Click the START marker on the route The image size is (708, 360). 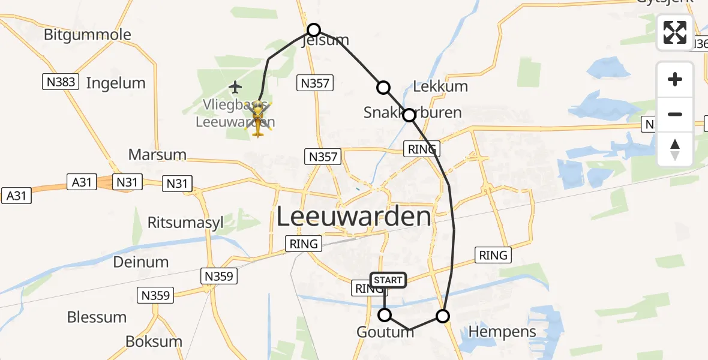click(388, 280)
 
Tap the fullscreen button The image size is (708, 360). click(675, 32)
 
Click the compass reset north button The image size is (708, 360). click(675, 149)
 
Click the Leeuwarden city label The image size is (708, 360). click(353, 217)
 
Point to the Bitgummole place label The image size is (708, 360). click(88, 34)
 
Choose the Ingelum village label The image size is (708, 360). click(116, 83)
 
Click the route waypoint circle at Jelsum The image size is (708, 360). click(314, 29)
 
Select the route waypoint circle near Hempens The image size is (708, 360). click(443, 316)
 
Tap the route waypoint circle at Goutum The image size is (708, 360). click(385, 315)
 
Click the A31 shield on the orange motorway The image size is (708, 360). click(81, 181)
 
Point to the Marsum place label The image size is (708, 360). click(157, 155)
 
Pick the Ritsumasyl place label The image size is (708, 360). click(185, 223)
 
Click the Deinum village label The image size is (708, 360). click(141, 262)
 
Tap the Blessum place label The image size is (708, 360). click(97, 317)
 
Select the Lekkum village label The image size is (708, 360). click(441, 86)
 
